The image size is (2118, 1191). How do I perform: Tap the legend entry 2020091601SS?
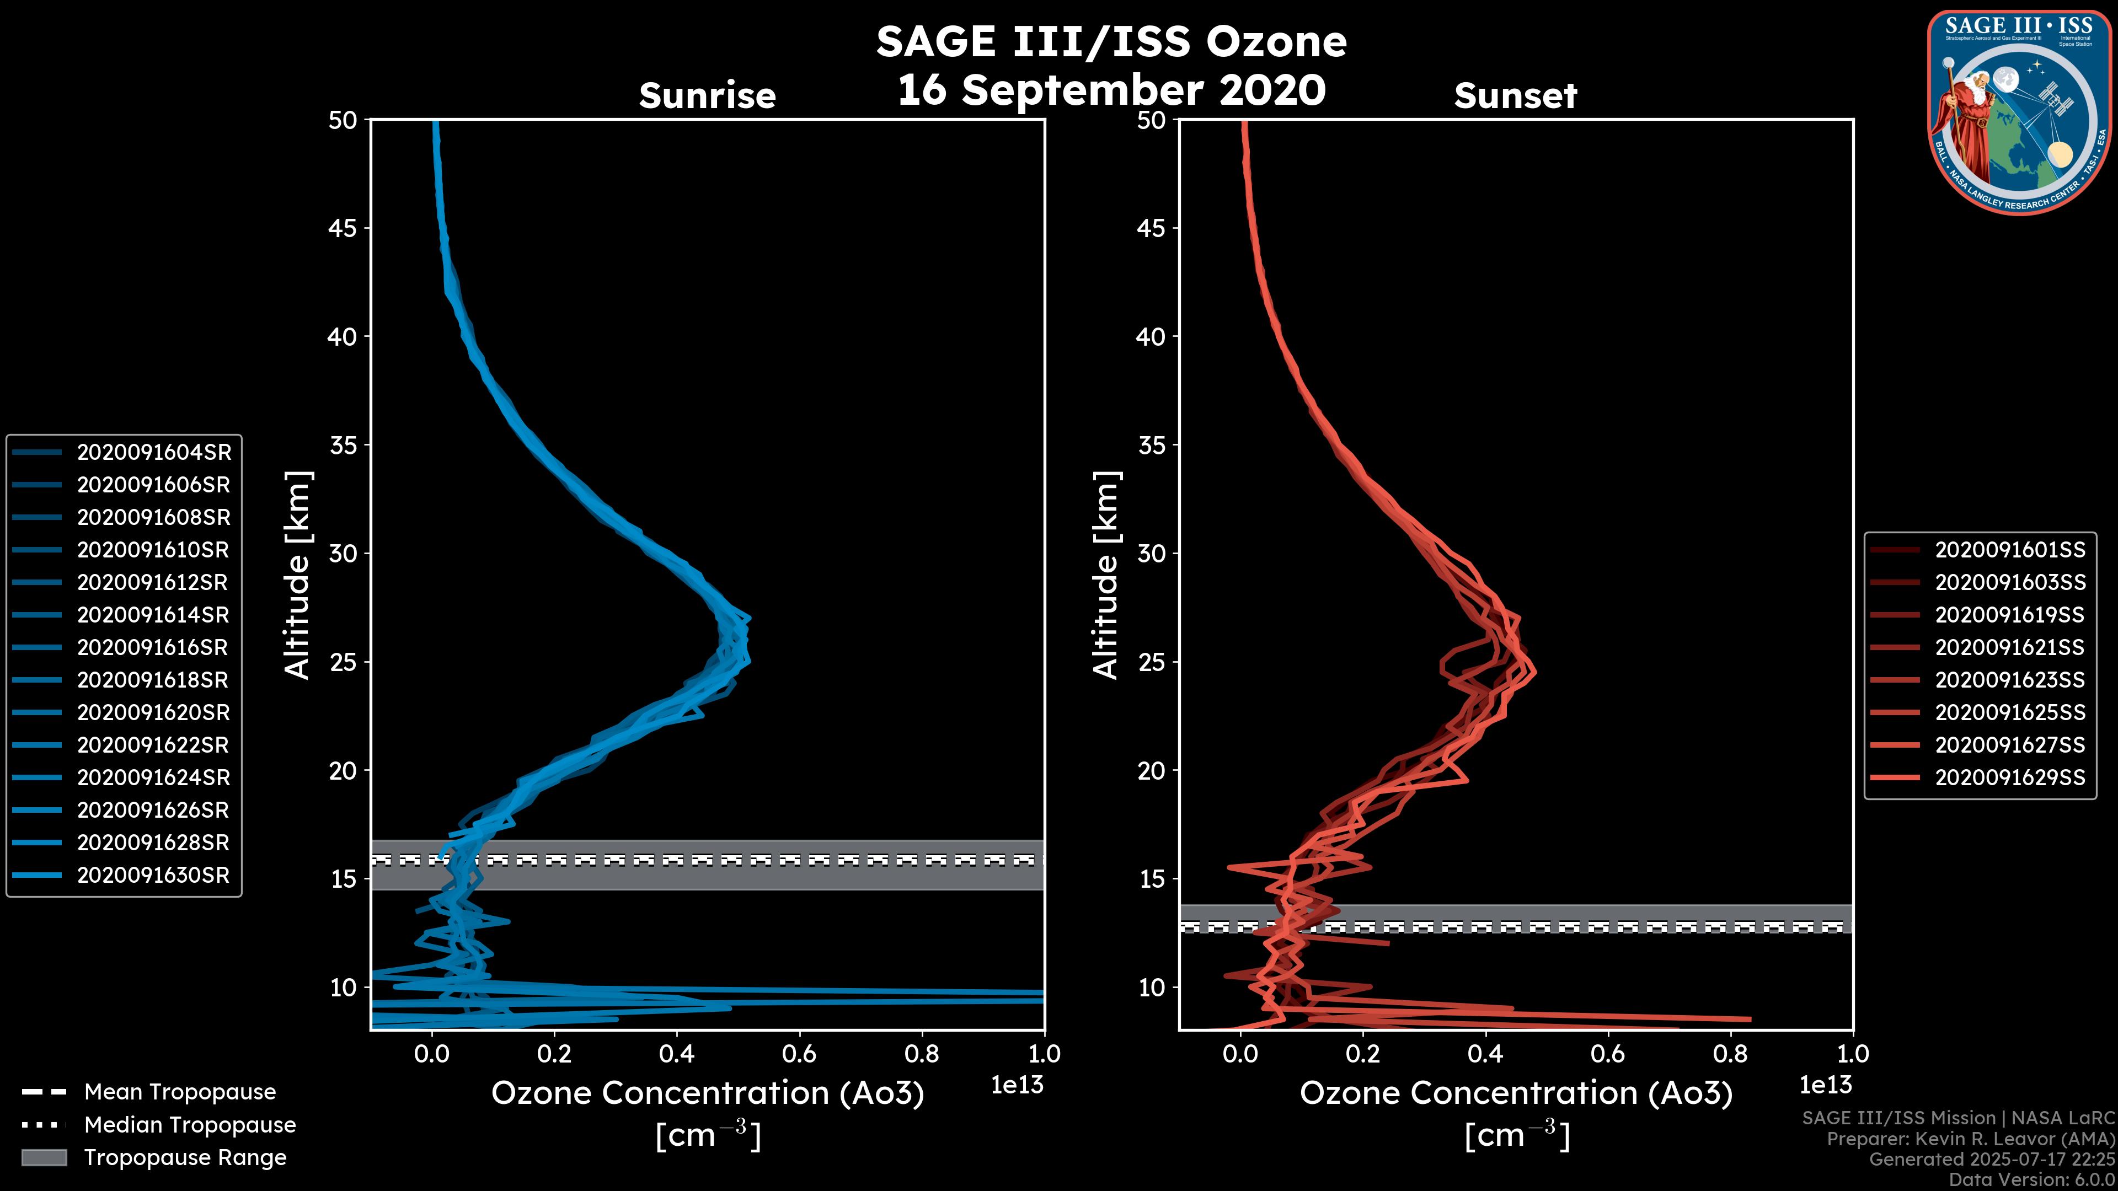[2009, 550]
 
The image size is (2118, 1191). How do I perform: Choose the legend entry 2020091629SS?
[2009, 777]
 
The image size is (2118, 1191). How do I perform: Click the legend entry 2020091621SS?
[2009, 648]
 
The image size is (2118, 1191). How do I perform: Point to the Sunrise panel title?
[707, 96]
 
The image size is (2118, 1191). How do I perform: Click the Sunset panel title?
[1515, 96]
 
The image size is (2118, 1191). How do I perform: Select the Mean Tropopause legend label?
[180, 1092]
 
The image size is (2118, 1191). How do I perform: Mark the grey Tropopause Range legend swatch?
[44, 1157]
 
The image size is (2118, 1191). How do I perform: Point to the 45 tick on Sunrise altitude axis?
[344, 228]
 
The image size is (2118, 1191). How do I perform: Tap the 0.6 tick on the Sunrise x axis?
[799, 1054]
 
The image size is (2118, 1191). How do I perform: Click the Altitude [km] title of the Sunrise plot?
[298, 575]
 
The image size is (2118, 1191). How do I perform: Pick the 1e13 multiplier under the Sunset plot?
[1825, 1085]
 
